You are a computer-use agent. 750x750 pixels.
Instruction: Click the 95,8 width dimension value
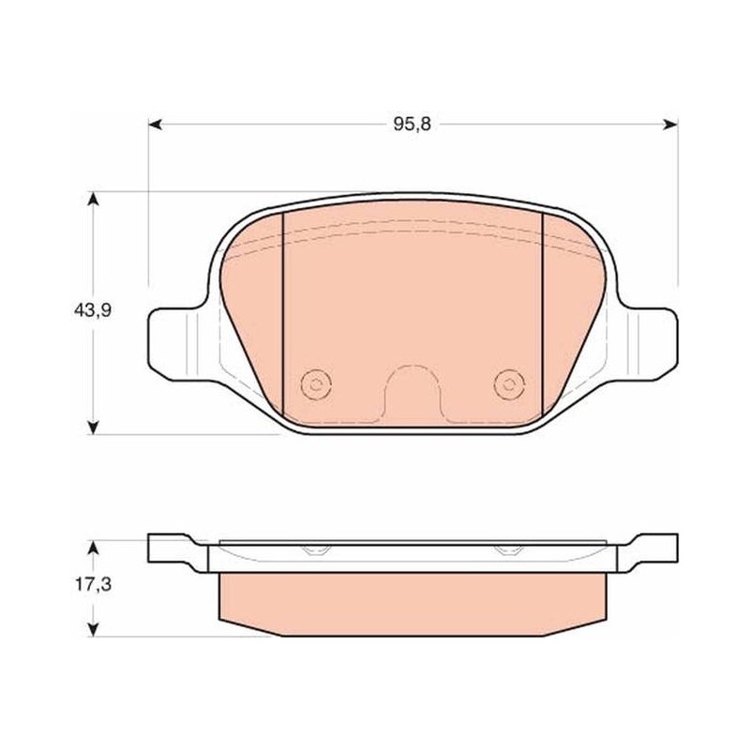tap(412, 125)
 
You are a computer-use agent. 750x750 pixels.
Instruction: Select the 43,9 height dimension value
tap(92, 310)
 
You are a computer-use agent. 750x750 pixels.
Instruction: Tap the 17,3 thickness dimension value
tap(93, 584)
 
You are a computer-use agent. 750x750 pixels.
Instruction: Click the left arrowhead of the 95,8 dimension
tap(155, 125)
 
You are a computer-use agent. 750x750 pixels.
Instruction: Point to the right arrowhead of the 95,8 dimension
tap(670, 125)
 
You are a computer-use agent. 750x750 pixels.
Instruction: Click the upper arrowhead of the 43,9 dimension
tap(94, 199)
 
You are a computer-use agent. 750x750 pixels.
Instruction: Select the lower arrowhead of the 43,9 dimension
tap(94, 427)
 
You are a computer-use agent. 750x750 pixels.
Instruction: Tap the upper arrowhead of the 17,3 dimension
tap(94, 547)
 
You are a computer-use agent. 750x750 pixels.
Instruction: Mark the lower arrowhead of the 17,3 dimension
tap(94, 629)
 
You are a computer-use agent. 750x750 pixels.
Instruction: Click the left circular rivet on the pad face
tap(316, 383)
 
